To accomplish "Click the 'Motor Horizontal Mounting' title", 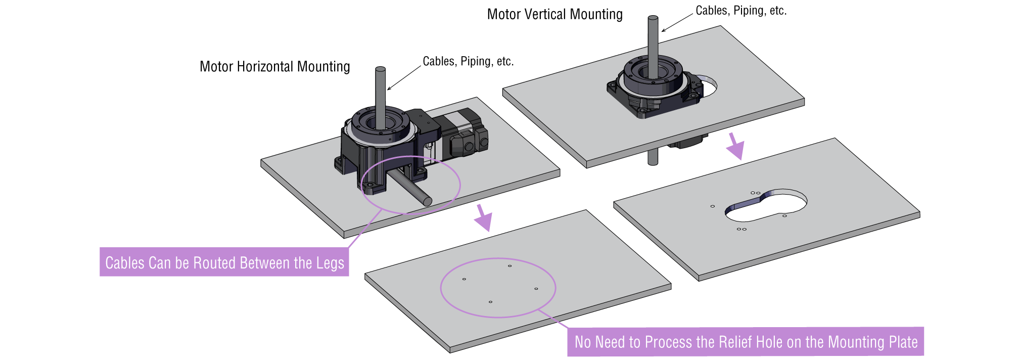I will pos(274,67).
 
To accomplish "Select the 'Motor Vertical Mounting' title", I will pos(554,14).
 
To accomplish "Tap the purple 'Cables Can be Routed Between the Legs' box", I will pos(224,262).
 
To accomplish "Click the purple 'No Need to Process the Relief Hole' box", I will pos(746,342).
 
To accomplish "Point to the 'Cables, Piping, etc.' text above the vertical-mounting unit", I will pos(741,11).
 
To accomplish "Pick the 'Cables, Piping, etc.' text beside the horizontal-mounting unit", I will pos(468,62).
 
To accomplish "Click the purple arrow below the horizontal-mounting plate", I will pos(484,217).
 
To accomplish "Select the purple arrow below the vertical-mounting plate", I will pos(735,146).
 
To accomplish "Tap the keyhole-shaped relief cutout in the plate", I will pos(766,206).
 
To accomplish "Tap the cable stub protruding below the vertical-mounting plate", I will pos(653,158).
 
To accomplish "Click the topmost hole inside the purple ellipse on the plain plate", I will pos(509,265).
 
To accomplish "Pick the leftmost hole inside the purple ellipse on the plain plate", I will pos(464,279).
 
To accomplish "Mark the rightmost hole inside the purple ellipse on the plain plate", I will pos(536,289).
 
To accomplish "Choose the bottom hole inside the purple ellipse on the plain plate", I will pos(490,302).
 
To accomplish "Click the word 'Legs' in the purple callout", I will pos(330,263).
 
